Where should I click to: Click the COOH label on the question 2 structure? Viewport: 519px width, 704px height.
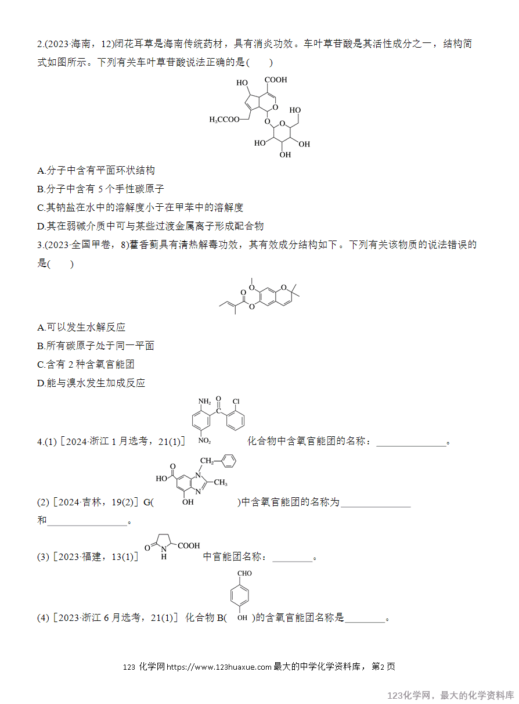tap(276, 80)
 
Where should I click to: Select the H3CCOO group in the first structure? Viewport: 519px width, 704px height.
tap(224, 120)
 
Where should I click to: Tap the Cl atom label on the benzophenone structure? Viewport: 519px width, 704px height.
tap(236, 401)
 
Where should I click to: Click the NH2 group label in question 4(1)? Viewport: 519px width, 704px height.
tap(204, 401)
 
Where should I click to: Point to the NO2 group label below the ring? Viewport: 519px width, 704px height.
tap(204, 441)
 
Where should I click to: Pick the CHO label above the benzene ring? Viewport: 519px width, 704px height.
tap(244, 573)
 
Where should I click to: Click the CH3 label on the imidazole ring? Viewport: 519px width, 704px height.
tap(221, 482)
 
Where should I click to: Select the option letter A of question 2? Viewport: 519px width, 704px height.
tap(41, 171)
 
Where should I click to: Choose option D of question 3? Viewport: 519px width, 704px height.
tap(91, 383)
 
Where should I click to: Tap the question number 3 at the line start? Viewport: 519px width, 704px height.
tap(40, 245)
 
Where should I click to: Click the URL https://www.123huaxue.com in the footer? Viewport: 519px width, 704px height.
tap(219, 667)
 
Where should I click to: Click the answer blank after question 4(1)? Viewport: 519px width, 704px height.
tap(411, 446)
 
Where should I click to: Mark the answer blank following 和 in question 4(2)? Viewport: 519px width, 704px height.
tap(87, 525)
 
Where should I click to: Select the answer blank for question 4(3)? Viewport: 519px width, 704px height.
tap(293, 561)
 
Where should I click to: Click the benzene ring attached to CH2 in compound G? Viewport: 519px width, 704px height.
tap(229, 461)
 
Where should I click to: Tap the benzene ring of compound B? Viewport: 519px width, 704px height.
tap(240, 595)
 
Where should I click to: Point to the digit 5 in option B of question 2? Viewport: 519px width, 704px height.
tap(100, 189)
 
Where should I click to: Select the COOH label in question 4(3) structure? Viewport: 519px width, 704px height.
tap(189, 545)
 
